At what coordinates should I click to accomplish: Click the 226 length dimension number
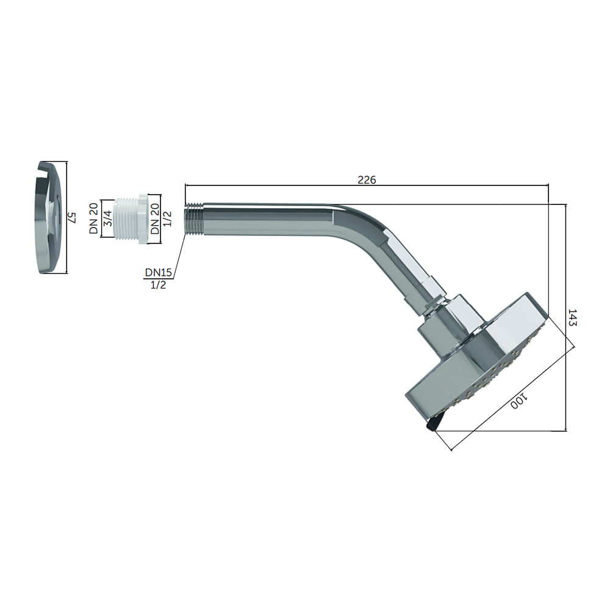coord(367,180)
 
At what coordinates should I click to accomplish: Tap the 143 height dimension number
coord(572,317)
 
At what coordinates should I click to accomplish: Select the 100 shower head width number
coord(518,401)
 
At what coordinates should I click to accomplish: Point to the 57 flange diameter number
coord(71,217)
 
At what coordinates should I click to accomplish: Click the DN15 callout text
coord(159,272)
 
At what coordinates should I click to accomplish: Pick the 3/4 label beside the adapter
coord(108,218)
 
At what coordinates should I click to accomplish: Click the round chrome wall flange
coord(49,218)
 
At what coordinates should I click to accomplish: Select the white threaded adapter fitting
coord(131,218)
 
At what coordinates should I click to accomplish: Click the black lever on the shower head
coord(434,423)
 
